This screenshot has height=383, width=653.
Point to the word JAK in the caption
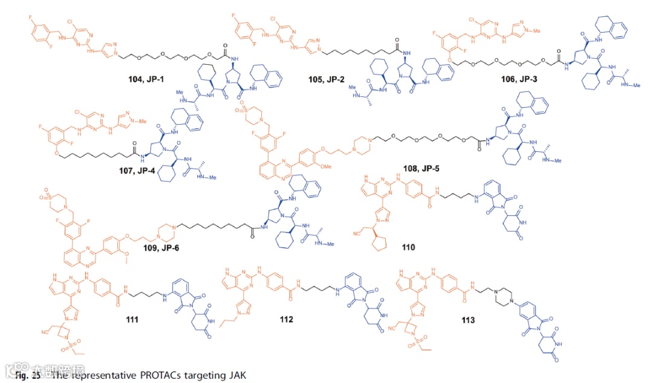click(237, 376)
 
